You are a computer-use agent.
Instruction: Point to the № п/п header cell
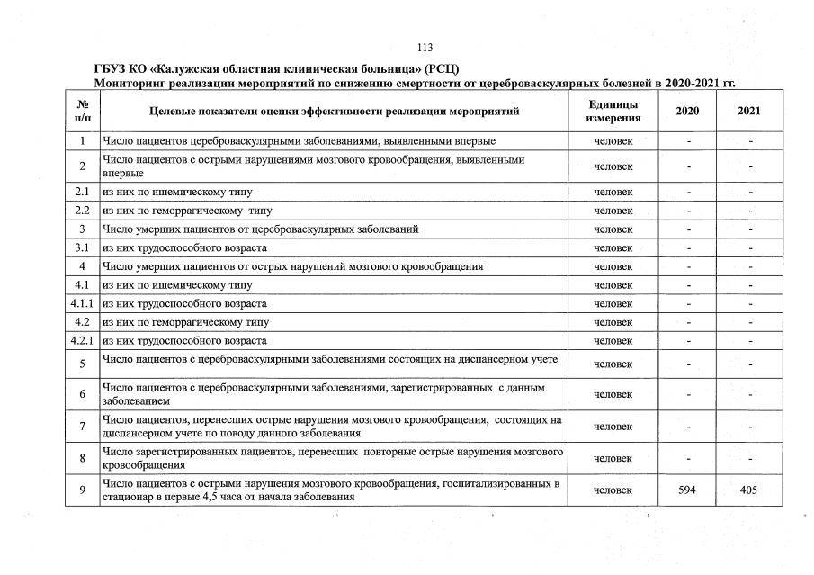[x=82, y=111]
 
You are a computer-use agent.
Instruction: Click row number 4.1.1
[x=82, y=303]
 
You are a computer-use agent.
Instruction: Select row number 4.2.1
[x=82, y=341]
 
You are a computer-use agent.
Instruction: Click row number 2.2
[x=82, y=211]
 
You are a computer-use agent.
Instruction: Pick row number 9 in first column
[x=82, y=490]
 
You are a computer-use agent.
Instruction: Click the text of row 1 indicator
[x=298, y=141]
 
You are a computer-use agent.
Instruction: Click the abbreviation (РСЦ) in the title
[x=443, y=69]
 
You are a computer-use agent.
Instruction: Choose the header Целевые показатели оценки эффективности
[x=334, y=111]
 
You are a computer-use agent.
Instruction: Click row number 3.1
[x=82, y=247]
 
